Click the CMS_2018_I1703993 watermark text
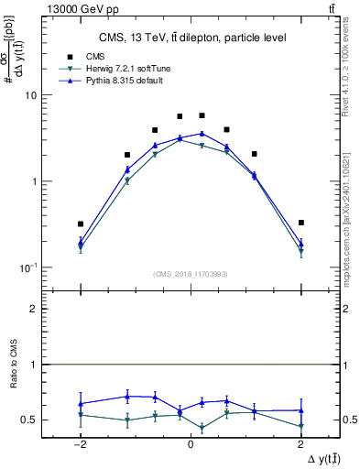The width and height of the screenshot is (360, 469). point(190,274)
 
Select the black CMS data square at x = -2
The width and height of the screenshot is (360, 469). point(81,224)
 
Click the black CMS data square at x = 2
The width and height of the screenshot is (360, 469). point(300,223)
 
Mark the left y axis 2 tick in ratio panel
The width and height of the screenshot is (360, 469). point(34,309)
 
